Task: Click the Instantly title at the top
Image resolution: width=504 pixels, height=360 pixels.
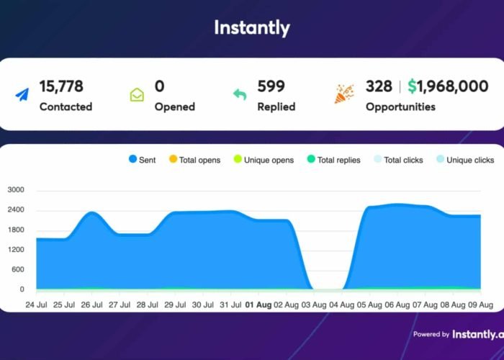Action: (252, 28)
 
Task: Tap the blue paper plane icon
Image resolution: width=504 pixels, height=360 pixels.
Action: (22, 95)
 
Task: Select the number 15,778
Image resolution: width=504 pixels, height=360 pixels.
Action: (61, 86)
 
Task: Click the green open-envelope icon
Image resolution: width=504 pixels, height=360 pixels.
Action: (137, 95)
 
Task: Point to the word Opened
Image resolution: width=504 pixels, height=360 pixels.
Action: (174, 107)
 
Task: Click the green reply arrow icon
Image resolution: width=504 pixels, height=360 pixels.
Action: (240, 95)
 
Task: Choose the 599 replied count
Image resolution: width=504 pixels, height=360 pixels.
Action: (272, 86)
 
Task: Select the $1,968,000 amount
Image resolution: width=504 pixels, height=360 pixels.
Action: (447, 86)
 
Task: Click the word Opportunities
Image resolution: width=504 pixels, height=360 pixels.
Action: (400, 107)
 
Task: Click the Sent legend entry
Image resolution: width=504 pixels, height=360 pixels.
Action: (142, 160)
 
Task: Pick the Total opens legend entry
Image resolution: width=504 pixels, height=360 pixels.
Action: (194, 160)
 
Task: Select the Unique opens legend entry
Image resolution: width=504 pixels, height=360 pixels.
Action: (263, 160)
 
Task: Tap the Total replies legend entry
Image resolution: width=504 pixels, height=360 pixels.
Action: (333, 160)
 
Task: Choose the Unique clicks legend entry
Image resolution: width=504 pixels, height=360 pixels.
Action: (465, 160)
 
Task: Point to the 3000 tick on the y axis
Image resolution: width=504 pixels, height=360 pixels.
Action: (16, 191)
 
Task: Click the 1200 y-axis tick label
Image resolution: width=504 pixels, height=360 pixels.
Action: (16, 251)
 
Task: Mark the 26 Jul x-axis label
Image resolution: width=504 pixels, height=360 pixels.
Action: (91, 305)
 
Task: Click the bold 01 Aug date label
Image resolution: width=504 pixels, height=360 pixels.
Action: (259, 305)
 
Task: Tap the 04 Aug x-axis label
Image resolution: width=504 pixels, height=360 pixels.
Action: (341, 305)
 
